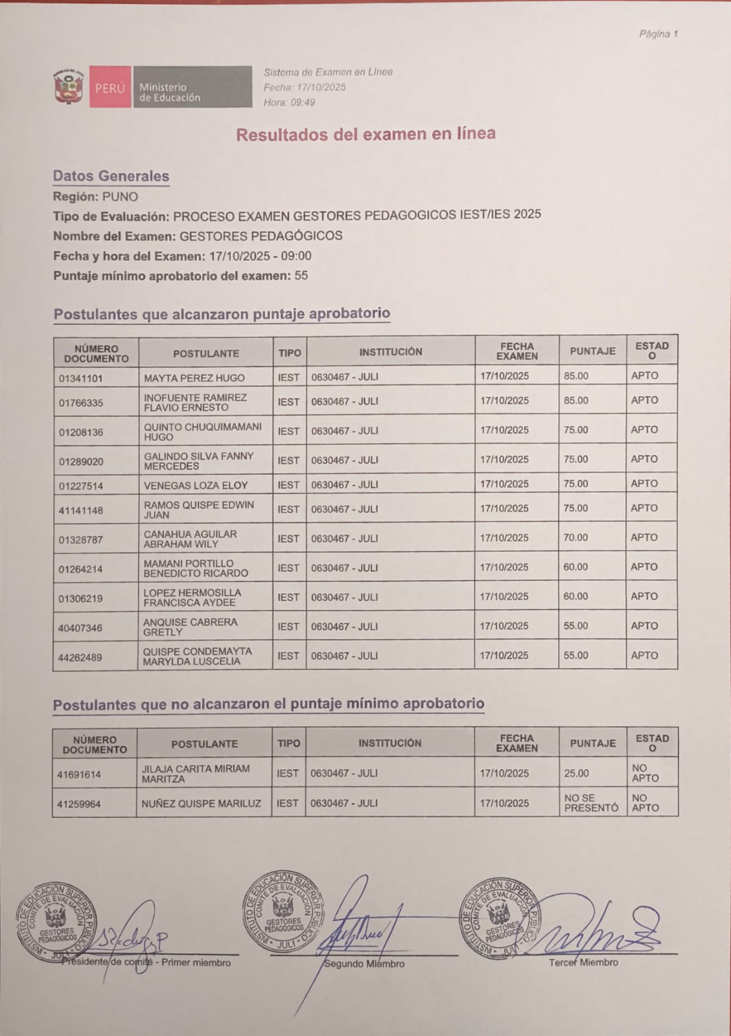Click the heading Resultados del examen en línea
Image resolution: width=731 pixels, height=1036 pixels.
click(x=365, y=134)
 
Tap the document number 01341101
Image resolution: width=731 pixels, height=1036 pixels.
click(x=80, y=377)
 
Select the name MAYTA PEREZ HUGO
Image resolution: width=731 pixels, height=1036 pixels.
click(x=194, y=377)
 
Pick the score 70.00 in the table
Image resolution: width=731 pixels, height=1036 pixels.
click(x=575, y=537)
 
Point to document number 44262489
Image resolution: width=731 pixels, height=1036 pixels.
click(x=80, y=657)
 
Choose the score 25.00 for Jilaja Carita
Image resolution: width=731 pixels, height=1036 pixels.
click(x=576, y=773)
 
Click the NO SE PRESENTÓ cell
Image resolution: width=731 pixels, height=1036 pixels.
click(x=591, y=803)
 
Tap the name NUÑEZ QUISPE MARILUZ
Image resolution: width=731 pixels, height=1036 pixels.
click(x=201, y=804)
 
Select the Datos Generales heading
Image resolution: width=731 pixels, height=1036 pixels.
click(x=111, y=176)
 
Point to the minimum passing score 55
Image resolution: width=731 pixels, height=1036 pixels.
click(x=301, y=276)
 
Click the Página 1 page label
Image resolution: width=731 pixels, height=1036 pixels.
click(x=658, y=34)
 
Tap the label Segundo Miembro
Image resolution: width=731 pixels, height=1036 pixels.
click(x=364, y=963)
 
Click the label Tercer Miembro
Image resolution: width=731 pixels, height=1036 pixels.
click(x=583, y=962)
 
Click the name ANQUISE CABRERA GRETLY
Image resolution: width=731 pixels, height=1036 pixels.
click(x=190, y=627)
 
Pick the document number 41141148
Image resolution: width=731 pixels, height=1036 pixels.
click(x=80, y=510)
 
